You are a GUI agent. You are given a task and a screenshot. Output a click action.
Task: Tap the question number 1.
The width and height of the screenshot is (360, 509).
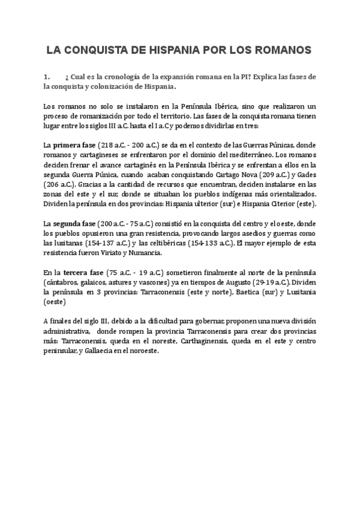46,77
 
